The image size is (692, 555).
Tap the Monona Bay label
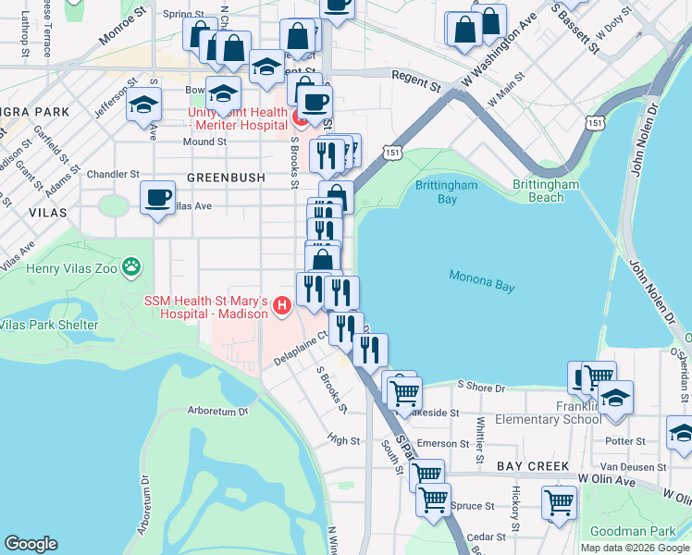coord(481,280)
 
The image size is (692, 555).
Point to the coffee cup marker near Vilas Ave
coord(157,197)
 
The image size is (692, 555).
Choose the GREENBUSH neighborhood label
coord(226,177)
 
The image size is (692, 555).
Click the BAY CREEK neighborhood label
coord(531,466)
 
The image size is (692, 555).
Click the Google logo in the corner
coord(31,544)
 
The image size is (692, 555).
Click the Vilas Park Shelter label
coord(48,325)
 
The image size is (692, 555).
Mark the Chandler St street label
coord(113,174)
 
